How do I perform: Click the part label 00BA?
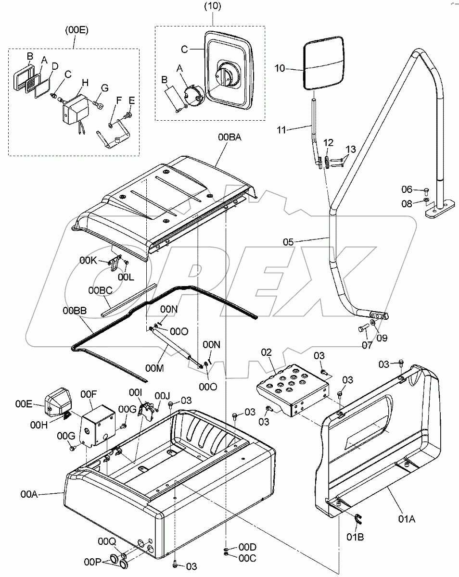coord(229,138)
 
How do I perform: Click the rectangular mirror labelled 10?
coord(324,65)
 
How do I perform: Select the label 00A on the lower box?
coord(29,493)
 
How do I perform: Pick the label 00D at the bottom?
coord(247,547)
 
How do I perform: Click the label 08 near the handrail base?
coord(407,203)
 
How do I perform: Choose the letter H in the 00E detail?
coord(85,83)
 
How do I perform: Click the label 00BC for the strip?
coord(100,291)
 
